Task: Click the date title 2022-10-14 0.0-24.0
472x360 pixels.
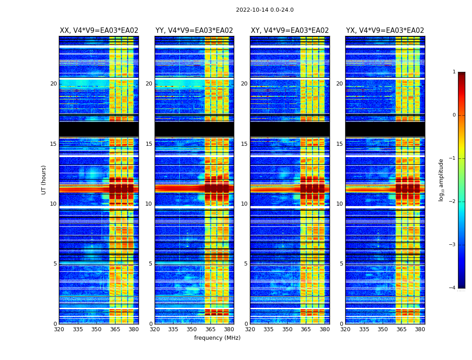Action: (x=264, y=10)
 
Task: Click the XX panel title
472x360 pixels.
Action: (x=99, y=31)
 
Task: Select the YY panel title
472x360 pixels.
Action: (x=194, y=31)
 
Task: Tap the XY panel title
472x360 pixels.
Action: (x=289, y=31)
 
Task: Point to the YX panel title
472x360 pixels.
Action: (x=385, y=31)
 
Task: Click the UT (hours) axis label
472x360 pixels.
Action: (x=44, y=180)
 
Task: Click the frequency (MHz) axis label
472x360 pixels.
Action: (x=217, y=338)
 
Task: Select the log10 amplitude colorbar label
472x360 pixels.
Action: (x=441, y=180)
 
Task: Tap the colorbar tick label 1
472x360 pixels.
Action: (x=454, y=72)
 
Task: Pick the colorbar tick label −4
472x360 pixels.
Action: (x=453, y=288)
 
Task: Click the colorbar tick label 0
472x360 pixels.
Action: (x=454, y=115)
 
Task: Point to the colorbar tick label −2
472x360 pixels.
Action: (x=453, y=202)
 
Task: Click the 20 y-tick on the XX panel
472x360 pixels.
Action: (x=53, y=84)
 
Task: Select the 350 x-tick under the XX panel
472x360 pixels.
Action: (x=96, y=329)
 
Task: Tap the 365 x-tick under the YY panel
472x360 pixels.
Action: (x=210, y=329)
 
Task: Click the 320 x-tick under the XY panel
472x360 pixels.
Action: (x=250, y=329)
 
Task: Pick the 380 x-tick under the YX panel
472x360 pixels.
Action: (x=420, y=329)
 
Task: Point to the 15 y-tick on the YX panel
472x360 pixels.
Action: (x=339, y=144)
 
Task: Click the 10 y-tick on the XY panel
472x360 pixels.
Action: (x=244, y=204)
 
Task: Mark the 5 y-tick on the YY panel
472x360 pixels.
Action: (x=151, y=264)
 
